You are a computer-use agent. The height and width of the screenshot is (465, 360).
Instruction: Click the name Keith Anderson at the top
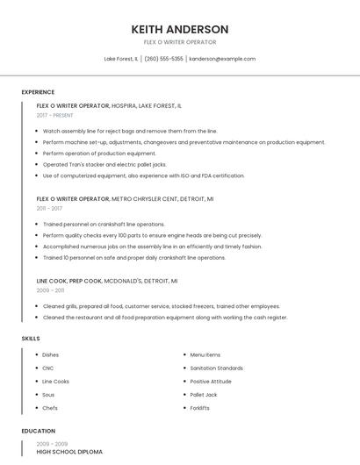pyautogui.click(x=179, y=29)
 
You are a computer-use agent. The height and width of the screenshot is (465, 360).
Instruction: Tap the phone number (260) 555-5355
pyautogui.click(x=163, y=59)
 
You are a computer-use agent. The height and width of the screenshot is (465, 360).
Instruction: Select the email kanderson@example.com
pyautogui.click(x=222, y=59)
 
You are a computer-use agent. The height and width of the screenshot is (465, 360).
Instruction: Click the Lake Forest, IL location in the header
pyautogui.click(x=121, y=59)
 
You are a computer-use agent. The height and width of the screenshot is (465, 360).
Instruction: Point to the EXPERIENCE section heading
pyautogui.click(x=38, y=92)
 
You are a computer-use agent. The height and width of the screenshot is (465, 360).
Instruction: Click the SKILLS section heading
pyautogui.click(x=30, y=338)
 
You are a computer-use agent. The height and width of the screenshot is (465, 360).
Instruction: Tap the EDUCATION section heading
pyautogui.click(x=38, y=431)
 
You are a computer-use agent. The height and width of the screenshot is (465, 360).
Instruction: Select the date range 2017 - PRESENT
pyautogui.click(x=56, y=115)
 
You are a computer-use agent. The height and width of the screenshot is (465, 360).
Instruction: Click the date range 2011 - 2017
pyautogui.click(x=49, y=209)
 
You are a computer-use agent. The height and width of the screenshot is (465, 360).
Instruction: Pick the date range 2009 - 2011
pyautogui.click(x=50, y=290)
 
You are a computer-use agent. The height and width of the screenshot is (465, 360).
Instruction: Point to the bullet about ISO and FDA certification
pyautogui.click(x=144, y=175)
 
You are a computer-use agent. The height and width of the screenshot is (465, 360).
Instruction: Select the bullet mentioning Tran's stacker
pyautogui.click(x=104, y=164)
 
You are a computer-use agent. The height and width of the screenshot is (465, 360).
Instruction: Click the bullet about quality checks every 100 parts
pyautogui.click(x=152, y=235)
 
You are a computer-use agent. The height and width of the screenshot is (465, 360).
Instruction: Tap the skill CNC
pyautogui.click(x=48, y=368)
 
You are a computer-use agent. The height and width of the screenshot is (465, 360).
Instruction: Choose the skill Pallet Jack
pyautogui.click(x=204, y=395)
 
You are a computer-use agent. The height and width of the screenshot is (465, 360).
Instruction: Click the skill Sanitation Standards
pyautogui.click(x=216, y=368)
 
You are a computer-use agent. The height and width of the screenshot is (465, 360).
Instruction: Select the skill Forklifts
pyautogui.click(x=199, y=408)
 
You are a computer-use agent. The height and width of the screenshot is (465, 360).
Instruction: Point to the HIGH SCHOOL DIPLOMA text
pyautogui.click(x=69, y=452)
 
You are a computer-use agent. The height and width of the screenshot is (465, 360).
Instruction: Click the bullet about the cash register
pyautogui.click(x=165, y=317)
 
